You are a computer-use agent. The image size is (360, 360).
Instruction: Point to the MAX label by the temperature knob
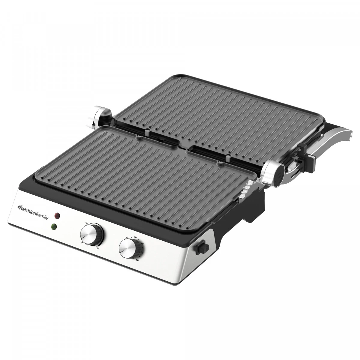click(98, 247)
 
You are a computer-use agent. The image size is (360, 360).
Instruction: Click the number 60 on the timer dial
click(137, 260)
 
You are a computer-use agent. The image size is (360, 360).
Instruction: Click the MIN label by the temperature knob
click(86, 223)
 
